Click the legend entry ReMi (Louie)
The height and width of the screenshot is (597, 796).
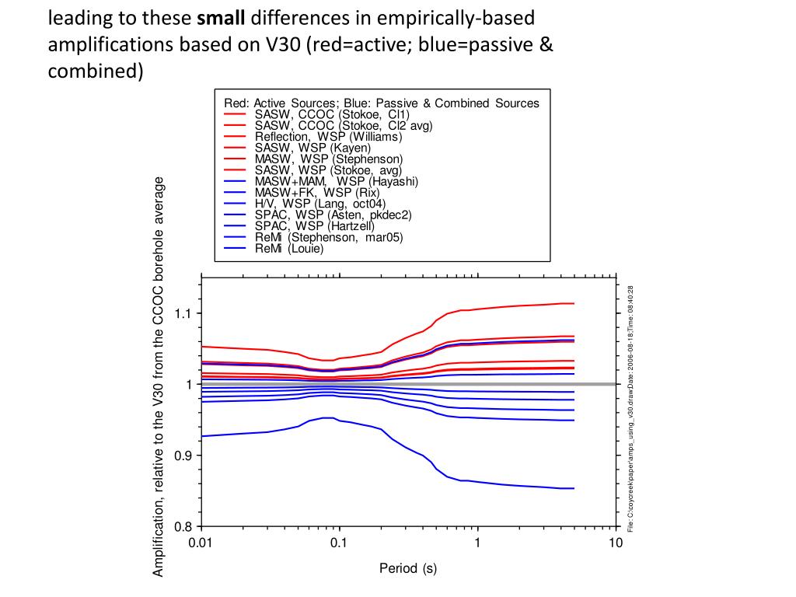pyautogui.click(x=288, y=250)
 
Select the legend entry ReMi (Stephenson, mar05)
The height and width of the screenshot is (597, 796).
pyautogui.click(x=329, y=238)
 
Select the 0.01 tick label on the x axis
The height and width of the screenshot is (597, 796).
pyautogui.click(x=201, y=543)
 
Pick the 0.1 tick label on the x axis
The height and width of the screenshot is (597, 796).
pyautogui.click(x=339, y=543)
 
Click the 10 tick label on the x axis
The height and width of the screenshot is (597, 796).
pyautogui.click(x=616, y=543)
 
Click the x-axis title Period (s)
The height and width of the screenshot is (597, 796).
pyautogui.click(x=408, y=569)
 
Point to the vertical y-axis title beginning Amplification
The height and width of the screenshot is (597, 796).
pyautogui.click(x=159, y=376)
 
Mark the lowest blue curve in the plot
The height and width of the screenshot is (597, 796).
pyautogui.click(x=505, y=483)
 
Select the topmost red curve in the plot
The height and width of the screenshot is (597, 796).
pyautogui.click(x=505, y=308)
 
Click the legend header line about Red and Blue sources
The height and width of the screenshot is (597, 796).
pyautogui.click(x=381, y=103)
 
